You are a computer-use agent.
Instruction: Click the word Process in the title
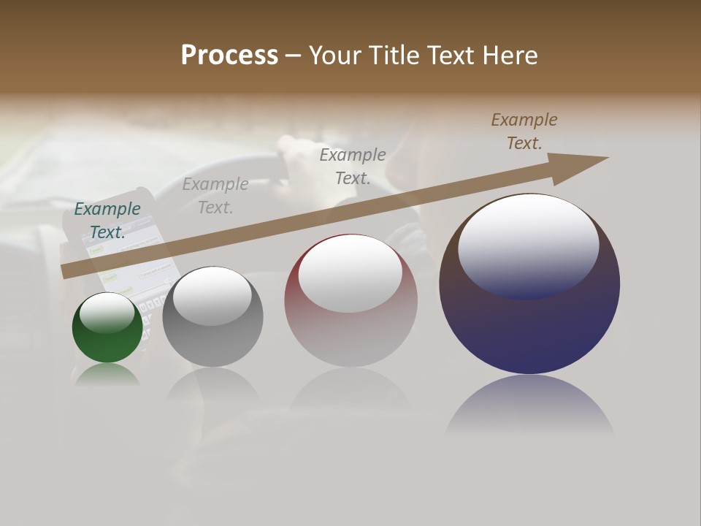click(x=229, y=56)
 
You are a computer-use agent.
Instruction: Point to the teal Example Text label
click(x=107, y=221)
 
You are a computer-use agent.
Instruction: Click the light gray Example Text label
click(x=215, y=196)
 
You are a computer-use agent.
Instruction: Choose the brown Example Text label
click(x=524, y=131)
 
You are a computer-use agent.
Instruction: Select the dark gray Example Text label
click(x=353, y=167)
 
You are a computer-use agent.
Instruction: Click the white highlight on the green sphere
click(x=107, y=313)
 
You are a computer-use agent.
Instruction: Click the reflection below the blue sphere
click(x=529, y=405)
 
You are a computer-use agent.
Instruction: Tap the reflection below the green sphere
click(x=107, y=374)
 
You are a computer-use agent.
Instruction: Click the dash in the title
click(x=294, y=56)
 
